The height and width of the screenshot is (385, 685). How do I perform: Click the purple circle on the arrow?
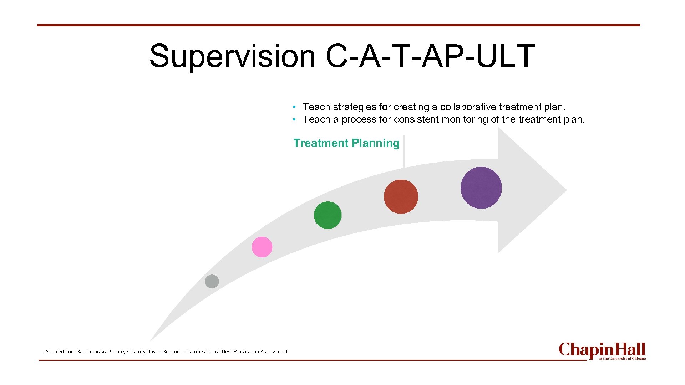point(481,188)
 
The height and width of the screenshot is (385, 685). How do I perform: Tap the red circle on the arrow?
point(401,197)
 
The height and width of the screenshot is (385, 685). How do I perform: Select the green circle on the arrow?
point(328,215)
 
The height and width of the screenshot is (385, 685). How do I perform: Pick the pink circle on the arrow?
point(262,247)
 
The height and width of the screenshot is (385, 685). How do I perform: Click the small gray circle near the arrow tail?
point(212,281)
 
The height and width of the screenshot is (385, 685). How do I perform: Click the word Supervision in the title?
point(232,56)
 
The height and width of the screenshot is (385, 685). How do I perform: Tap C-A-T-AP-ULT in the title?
point(430,56)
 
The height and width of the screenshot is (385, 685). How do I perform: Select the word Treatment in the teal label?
point(321,143)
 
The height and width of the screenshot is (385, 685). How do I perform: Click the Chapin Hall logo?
point(602,350)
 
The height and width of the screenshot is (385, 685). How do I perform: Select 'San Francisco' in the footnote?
point(92,352)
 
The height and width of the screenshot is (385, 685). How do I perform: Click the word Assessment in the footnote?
point(274,352)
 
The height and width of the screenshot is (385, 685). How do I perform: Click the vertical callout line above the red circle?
point(404,152)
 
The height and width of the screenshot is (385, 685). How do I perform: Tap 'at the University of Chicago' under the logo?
point(622,359)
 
